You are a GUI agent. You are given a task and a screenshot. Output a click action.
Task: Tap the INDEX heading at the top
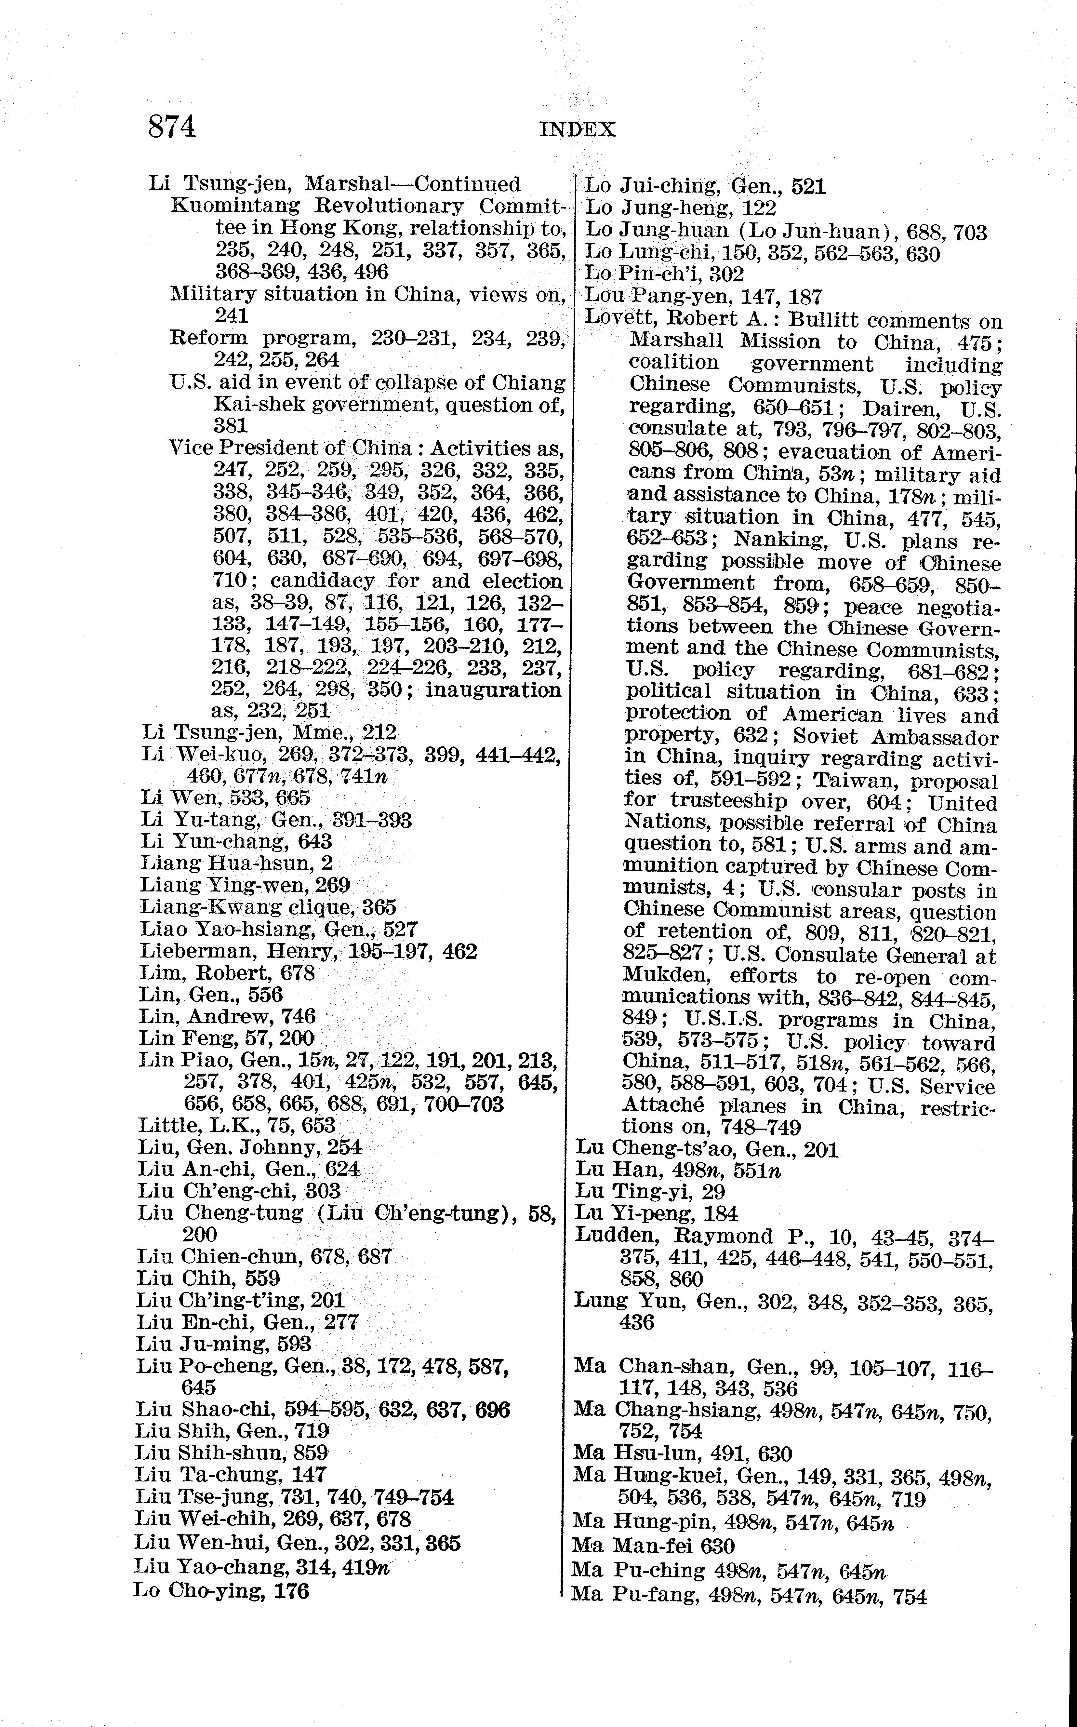pos(577,130)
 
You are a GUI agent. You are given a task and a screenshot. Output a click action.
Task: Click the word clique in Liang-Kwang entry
pos(320,908)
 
